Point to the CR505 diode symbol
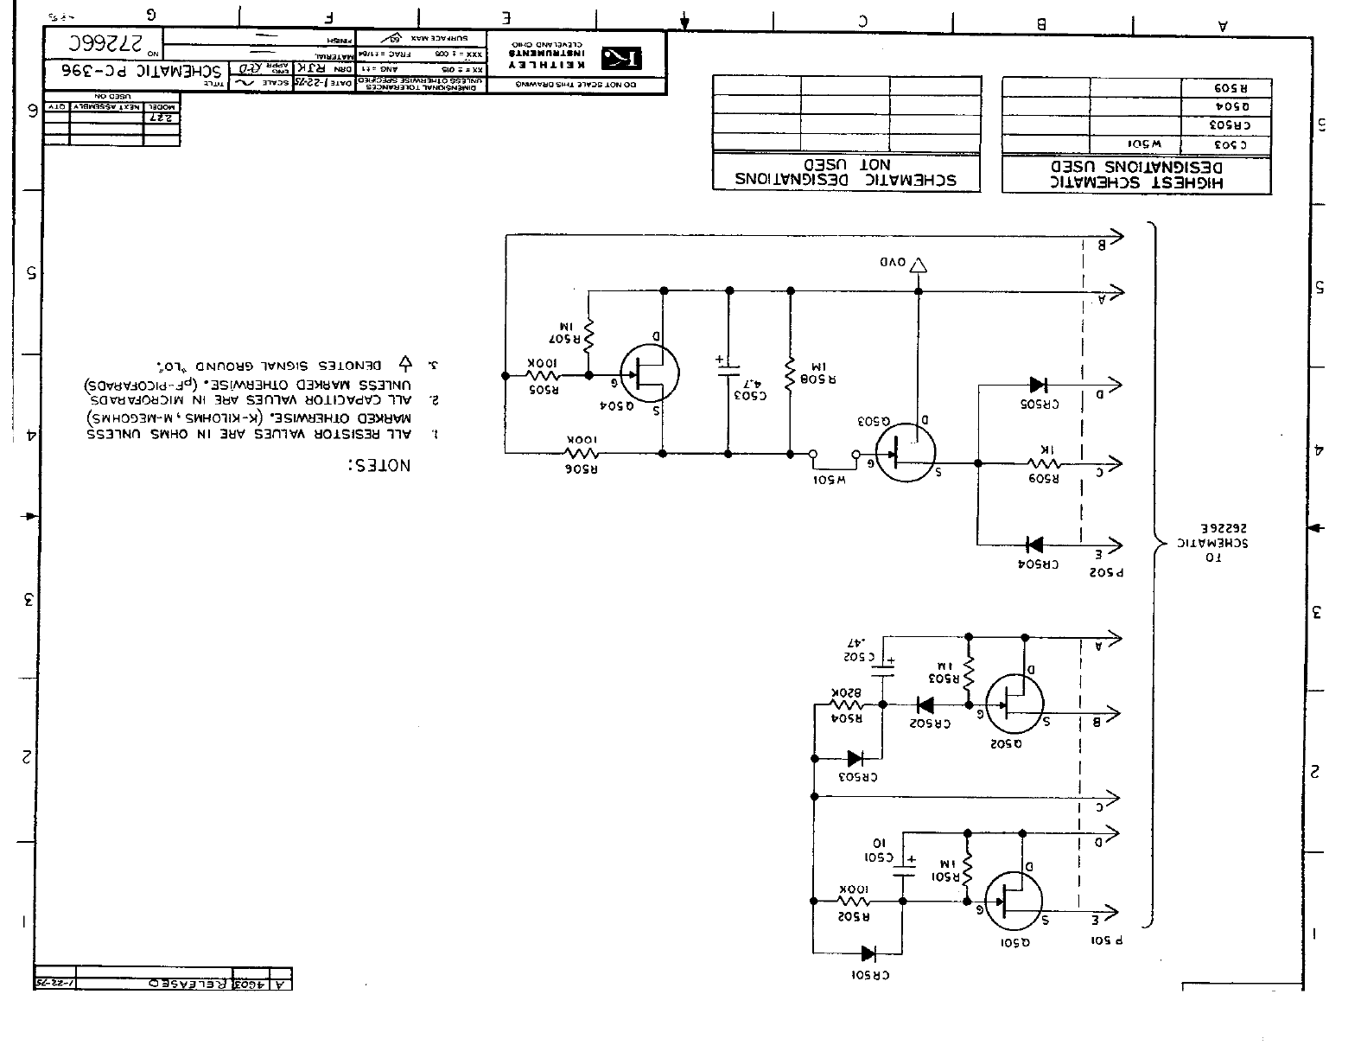pyautogui.click(x=1037, y=385)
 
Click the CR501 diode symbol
pyautogui.click(x=868, y=953)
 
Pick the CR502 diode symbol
pyautogui.click(x=925, y=704)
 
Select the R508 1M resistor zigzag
pyautogui.click(x=789, y=375)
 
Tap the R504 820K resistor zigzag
pyautogui.click(x=848, y=704)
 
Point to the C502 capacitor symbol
pyautogui.click(x=882, y=666)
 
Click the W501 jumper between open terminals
pyautogui.click(x=834, y=453)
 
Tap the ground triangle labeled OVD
pyautogui.click(x=919, y=264)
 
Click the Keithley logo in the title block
pyautogui.click(x=621, y=57)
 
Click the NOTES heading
pyautogui.click(x=378, y=465)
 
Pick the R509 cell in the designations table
pyautogui.click(x=1226, y=88)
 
